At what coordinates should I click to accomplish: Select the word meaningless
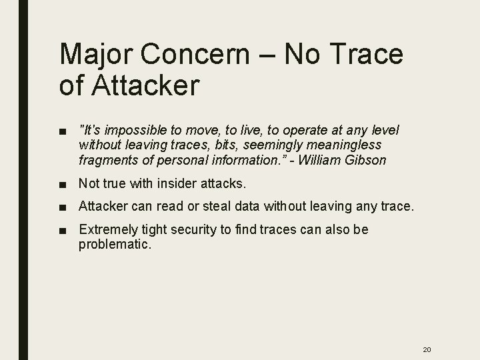pos(343,145)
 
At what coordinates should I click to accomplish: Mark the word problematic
pos(115,245)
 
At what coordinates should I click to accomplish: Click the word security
pos(195,230)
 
